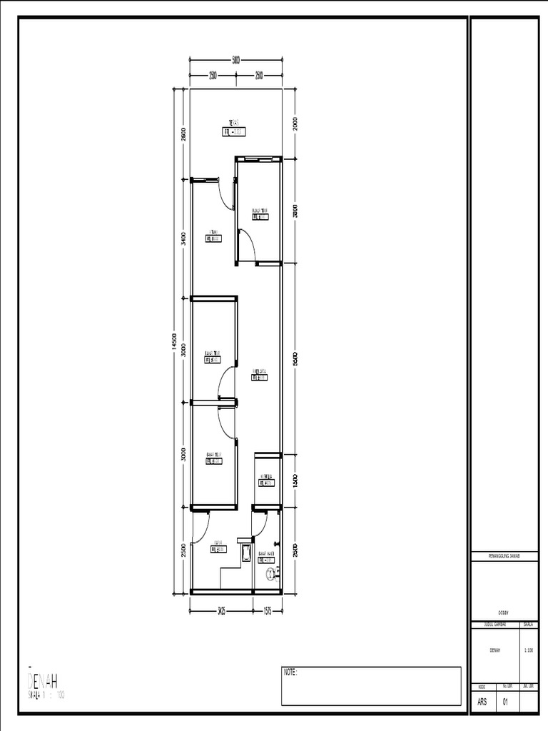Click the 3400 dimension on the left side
[183, 238]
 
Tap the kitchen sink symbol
[245, 552]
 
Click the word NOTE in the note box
[290, 672]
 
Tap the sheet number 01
[505, 702]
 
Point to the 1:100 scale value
[528, 650]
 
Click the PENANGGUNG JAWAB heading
[503, 555]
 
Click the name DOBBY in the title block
[503, 612]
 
